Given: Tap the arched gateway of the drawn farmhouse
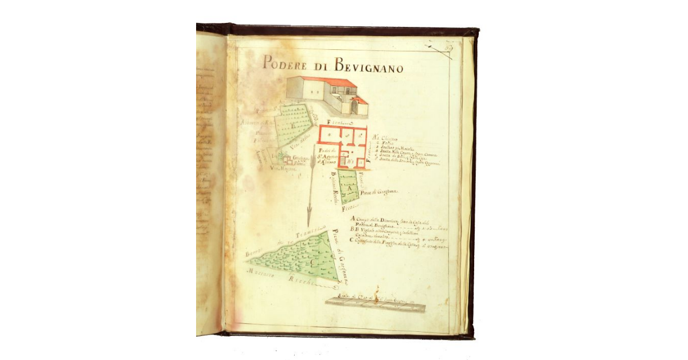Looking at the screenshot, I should [354, 107].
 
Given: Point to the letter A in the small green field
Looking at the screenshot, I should [349, 187].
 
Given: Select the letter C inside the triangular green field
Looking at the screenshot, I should [312, 263].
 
